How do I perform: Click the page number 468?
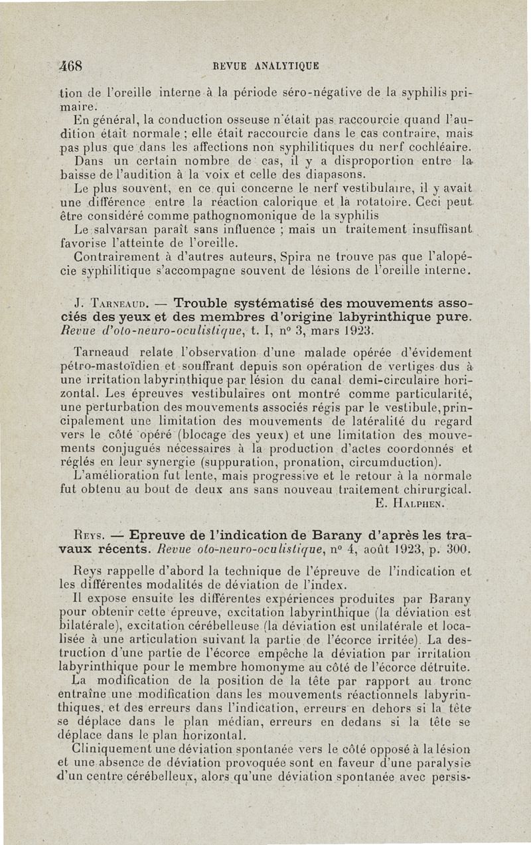point(70,66)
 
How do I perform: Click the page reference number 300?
point(457,550)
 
